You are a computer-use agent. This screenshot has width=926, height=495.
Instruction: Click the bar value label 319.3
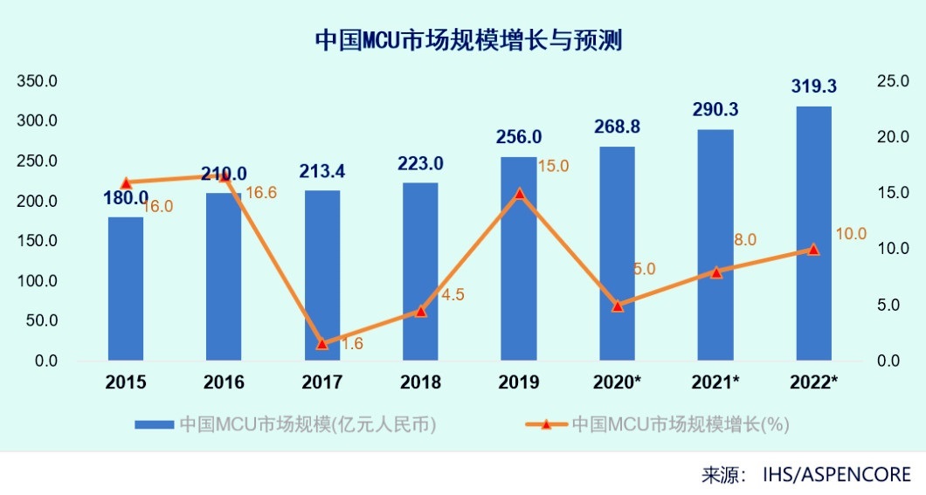813,86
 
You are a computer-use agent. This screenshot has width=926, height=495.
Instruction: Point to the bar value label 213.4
322,171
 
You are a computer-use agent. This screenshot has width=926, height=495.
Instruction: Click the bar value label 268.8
617,127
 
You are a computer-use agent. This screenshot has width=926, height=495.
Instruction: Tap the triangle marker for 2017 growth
322,343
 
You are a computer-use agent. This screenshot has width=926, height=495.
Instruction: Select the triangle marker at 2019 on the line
519,194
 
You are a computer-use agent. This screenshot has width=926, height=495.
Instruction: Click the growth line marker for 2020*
618,306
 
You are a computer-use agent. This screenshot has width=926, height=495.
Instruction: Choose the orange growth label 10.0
850,233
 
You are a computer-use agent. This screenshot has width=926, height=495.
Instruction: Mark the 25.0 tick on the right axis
893,81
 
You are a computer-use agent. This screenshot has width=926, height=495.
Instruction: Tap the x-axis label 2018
420,382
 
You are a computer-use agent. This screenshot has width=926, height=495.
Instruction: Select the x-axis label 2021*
715,382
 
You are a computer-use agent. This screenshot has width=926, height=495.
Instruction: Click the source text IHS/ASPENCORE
836,475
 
